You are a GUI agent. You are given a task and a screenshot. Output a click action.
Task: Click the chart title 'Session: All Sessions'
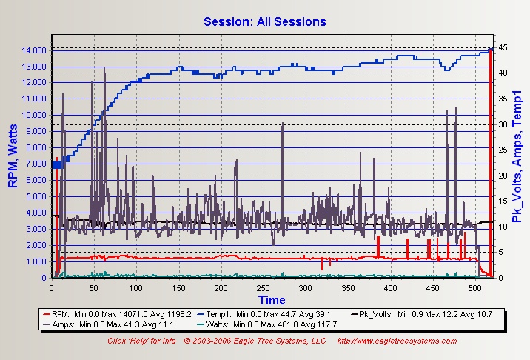(265, 21)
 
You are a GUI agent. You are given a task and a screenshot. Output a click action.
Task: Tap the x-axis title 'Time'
(272, 300)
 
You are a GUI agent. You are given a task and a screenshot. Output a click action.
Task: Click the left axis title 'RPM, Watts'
(13, 156)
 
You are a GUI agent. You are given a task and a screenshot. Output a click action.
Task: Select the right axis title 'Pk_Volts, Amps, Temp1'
(517, 156)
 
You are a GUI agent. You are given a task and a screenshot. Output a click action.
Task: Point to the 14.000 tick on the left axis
(34, 50)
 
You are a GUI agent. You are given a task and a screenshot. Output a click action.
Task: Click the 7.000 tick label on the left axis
(36, 164)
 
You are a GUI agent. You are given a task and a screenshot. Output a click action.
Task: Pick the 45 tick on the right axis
(503, 47)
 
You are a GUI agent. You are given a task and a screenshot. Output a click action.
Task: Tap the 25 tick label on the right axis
(503, 150)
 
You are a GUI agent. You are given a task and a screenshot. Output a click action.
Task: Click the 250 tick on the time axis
(263, 288)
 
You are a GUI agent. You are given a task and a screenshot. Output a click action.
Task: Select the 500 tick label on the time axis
(475, 288)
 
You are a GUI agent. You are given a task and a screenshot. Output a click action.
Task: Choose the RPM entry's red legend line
(47, 314)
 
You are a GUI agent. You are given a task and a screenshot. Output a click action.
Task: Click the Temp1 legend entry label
(218, 314)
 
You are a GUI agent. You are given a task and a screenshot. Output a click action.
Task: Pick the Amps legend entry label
(63, 324)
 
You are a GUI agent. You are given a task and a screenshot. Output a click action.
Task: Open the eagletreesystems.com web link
(397, 341)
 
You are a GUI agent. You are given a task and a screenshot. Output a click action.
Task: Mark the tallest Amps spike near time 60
(104, 67)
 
